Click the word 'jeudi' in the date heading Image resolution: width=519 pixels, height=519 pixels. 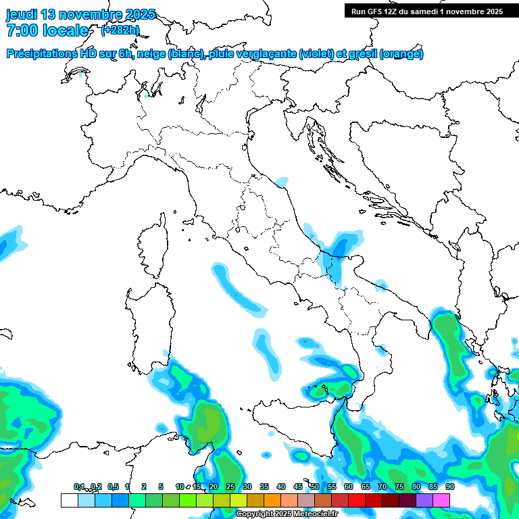pyautogui.click(x=22, y=14)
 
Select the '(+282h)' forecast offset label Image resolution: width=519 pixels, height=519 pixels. pyautogui.click(x=120, y=30)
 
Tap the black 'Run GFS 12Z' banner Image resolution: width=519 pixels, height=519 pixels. pyautogui.click(x=426, y=11)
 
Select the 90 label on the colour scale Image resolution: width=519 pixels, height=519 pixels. pyautogui.click(x=450, y=487)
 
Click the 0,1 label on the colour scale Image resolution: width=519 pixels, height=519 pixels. pyautogui.click(x=79, y=487)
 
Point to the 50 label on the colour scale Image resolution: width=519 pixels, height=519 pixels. pyautogui.click(x=315, y=487)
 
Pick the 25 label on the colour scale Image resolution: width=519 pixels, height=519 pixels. pyautogui.click(x=230, y=487)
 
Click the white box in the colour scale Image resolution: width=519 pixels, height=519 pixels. pyautogui.click(x=69, y=500)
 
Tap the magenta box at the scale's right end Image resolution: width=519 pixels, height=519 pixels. pyautogui.click(x=441, y=500)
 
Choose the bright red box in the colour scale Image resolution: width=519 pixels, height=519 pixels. pyautogui.click(x=357, y=500)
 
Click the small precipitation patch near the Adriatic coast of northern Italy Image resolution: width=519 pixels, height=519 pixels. pyautogui.click(x=282, y=181)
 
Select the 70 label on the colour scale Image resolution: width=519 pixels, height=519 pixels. pyautogui.click(x=382, y=487)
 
